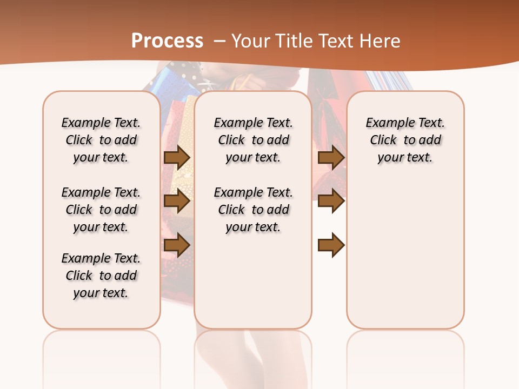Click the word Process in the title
[x=167, y=41]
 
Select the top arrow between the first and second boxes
[x=177, y=157]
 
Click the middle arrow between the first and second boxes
[x=177, y=202]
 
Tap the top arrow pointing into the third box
[x=331, y=157]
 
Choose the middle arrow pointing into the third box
[x=331, y=202]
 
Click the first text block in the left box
[x=101, y=140]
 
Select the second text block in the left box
[x=101, y=210]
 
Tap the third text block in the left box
[x=101, y=276]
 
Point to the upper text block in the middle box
[x=253, y=140]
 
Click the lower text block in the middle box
[x=253, y=210]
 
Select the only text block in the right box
[x=405, y=140]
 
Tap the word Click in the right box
[x=383, y=140]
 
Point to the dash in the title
[x=219, y=41]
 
